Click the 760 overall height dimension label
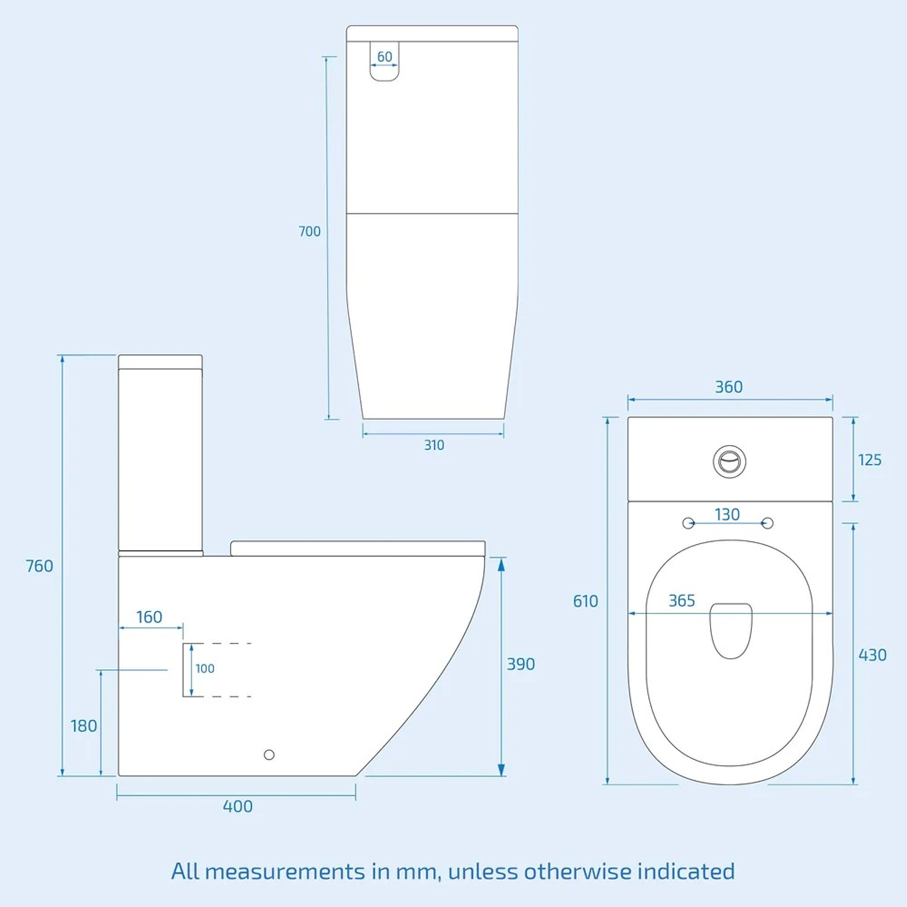(40, 566)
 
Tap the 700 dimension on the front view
(310, 231)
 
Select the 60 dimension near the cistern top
(384, 57)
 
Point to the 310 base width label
(434, 446)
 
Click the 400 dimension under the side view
(238, 806)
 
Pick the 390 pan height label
(520, 664)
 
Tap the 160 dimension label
(150, 617)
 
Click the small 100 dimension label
(205, 669)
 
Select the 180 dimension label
(84, 726)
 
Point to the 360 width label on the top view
(728, 387)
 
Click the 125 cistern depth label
(870, 460)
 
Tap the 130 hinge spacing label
(727, 515)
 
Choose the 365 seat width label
(681, 601)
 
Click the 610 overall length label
(586, 601)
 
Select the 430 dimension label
(872, 655)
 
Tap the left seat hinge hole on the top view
(688, 523)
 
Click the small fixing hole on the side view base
(269, 755)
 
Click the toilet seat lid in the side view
(357, 548)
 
